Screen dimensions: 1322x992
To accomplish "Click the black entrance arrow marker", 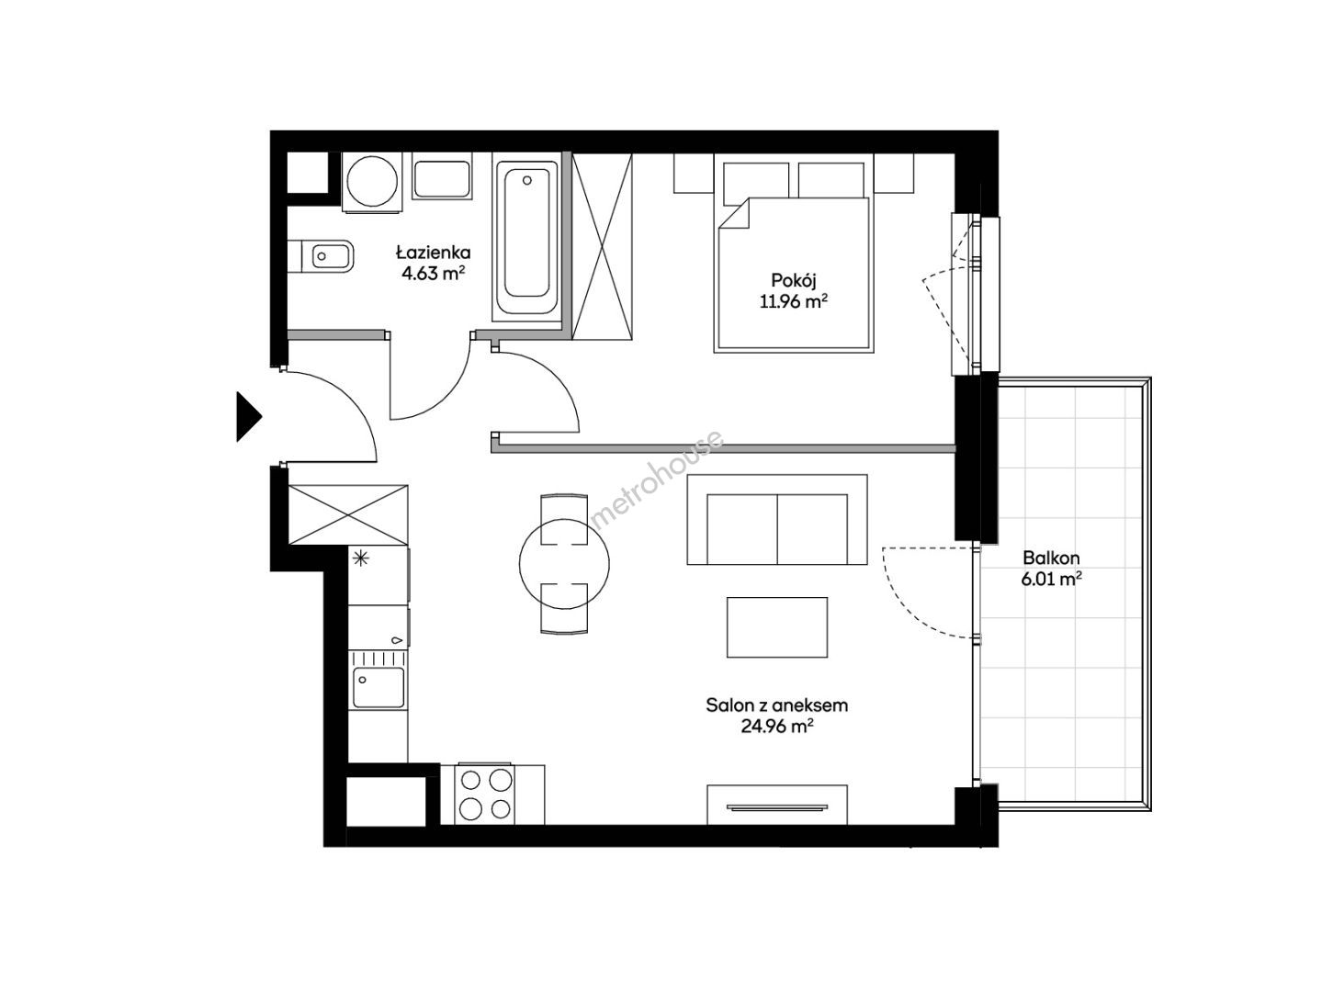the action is click(247, 416).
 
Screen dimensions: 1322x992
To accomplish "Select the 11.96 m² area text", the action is click(793, 301).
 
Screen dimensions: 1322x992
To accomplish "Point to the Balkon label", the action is click(1050, 558).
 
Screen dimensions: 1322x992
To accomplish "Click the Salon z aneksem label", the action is click(776, 705).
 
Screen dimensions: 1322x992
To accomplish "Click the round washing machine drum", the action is click(372, 182).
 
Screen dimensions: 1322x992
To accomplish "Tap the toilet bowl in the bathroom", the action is click(321, 256).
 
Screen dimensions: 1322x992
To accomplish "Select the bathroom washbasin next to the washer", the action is click(442, 178).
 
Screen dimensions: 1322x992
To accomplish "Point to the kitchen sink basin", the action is click(379, 687).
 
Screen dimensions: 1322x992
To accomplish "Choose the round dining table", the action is click(564, 563).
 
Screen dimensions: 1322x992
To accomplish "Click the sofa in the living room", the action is click(777, 520).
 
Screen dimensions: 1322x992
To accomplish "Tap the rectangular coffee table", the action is click(777, 627).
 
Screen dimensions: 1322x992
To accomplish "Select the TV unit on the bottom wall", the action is click(777, 805).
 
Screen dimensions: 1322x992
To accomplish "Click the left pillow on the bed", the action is click(756, 179).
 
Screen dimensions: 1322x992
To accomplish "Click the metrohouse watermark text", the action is click(657, 479).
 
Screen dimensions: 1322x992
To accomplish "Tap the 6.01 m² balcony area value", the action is click(1051, 580).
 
